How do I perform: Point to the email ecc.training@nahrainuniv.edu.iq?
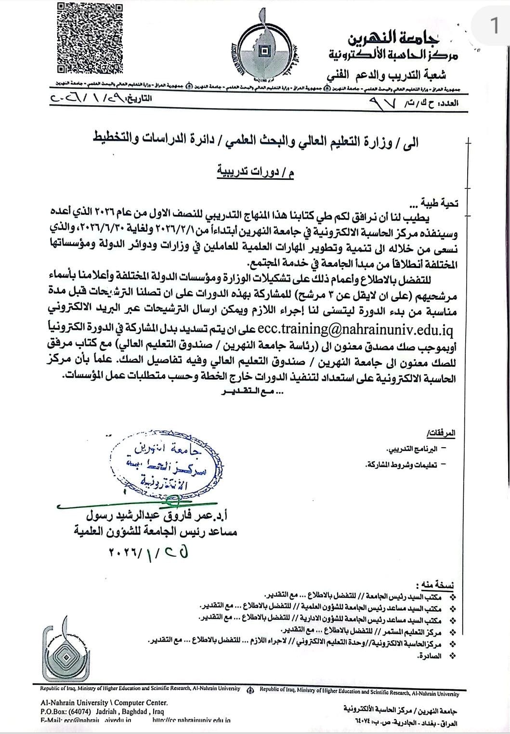(x=355, y=329)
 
